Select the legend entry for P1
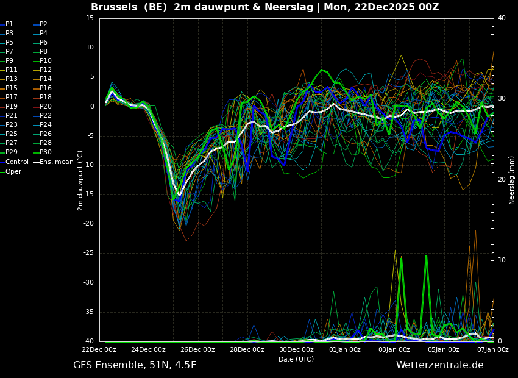tap(9, 24)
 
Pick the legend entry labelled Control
tap(17, 162)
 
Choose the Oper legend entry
tap(13, 171)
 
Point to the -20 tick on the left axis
tap(89, 224)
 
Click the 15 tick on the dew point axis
tap(90, 18)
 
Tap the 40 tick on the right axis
tap(502, 18)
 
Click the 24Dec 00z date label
tap(148, 349)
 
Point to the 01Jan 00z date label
tap(345, 349)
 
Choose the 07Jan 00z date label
tap(492, 349)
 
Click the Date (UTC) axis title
tap(296, 359)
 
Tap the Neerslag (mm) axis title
tap(512, 180)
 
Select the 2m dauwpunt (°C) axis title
tap(80, 180)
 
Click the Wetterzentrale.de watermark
tap(439, 365)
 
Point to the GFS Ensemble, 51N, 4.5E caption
tap(135, 365)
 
